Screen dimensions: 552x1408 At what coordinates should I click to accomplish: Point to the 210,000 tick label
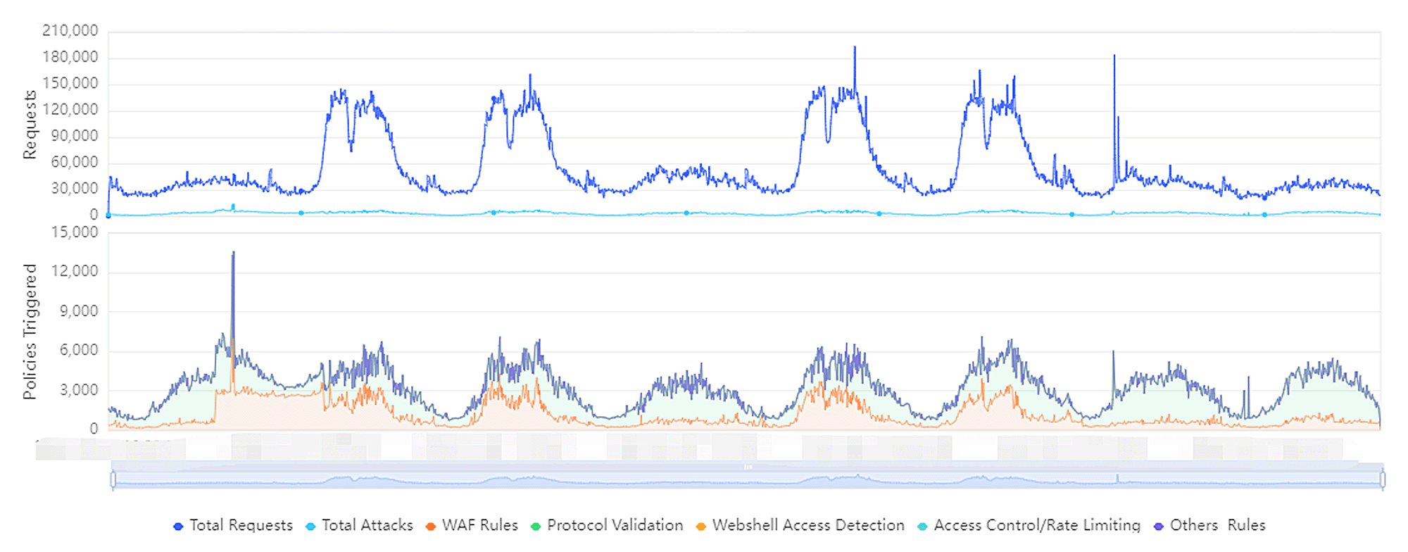click(x=70, y=30)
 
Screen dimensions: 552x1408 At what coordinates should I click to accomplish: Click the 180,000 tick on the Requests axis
click(x=70, y=57)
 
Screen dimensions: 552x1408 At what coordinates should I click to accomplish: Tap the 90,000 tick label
click(x=75, y=136)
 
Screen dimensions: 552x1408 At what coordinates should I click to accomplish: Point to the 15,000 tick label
click(x=75, y=232)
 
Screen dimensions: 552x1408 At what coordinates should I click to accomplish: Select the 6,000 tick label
click(x=79, y=350)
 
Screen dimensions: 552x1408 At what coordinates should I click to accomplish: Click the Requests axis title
click(x=30, y=124)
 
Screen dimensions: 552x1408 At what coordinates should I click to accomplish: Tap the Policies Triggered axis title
click(x=30, y=332)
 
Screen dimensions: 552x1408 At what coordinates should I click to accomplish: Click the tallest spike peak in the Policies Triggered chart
click(x=233, y=253)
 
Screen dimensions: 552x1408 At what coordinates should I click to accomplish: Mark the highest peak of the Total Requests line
click(x=855, y=47)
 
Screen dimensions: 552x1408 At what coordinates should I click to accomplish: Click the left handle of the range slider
click(x=113, y=480)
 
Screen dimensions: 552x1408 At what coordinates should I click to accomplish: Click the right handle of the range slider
click(x=1383, y=480)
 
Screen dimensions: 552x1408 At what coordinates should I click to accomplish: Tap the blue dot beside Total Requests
click(x=178, y=526)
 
